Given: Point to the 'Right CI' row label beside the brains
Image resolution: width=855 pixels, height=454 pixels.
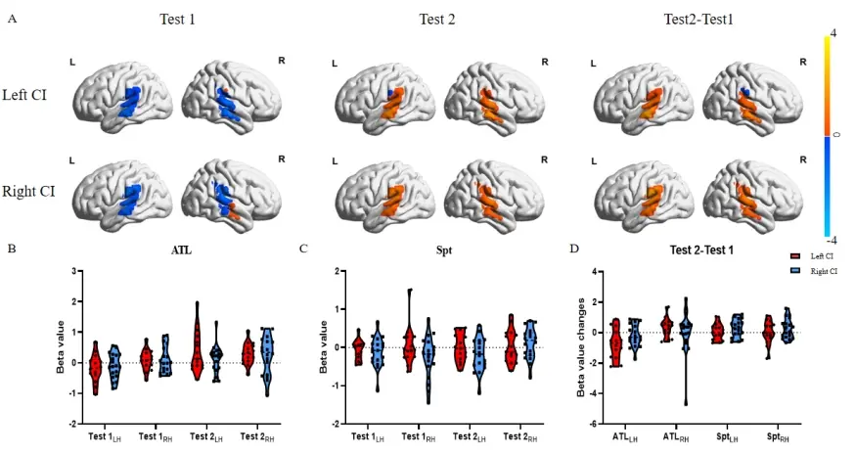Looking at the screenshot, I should coord(28,190).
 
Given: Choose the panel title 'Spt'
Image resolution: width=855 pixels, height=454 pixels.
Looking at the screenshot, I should coord(442,251).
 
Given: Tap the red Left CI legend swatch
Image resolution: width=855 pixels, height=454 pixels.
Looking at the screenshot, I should coord(794,255).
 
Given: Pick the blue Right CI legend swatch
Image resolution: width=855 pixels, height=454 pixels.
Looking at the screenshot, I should coord(794,268).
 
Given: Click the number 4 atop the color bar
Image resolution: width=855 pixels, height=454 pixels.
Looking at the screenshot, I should coord(832,33).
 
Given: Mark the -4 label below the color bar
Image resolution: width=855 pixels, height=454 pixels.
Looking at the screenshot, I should coord(830,239).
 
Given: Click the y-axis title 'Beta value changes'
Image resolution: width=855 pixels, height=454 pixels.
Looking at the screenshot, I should coord(581,347).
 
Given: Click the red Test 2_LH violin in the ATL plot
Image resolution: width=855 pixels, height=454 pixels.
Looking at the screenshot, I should coord(197,342).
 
